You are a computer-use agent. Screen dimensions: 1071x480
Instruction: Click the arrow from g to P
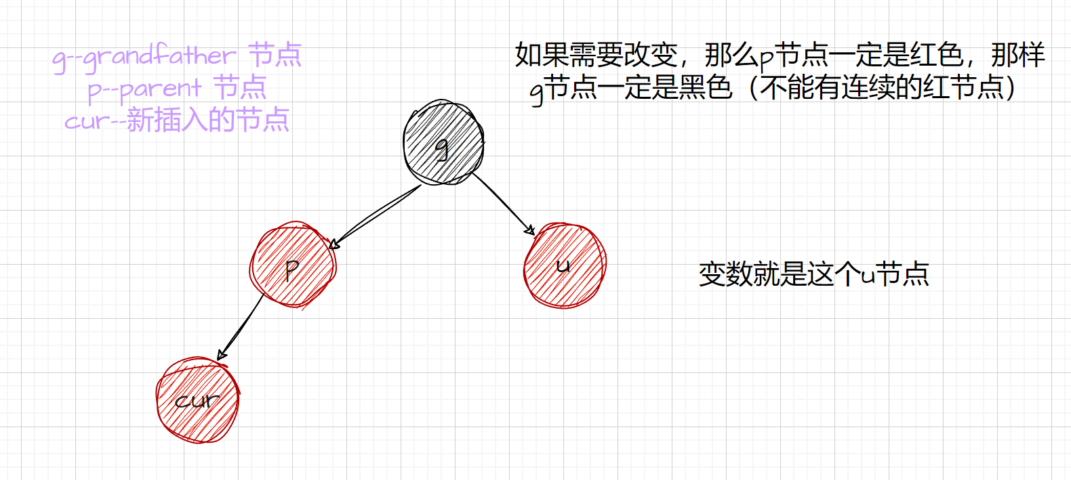point(376,215)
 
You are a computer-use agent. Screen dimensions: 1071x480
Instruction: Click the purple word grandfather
point(160,56)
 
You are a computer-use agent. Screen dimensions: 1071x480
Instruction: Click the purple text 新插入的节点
point(208,121)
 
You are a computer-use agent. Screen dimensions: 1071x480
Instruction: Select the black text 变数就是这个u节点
point(813,274)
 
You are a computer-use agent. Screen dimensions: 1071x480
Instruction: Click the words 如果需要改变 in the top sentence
point(596,55)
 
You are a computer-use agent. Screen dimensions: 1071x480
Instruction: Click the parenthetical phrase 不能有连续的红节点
point(881,87)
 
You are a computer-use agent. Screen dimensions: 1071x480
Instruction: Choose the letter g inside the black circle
point(442,148)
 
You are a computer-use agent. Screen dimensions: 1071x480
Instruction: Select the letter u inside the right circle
point(563,266)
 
